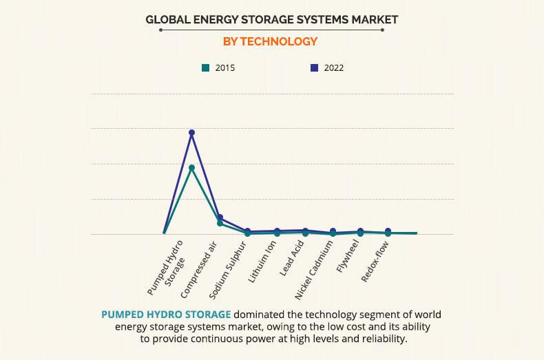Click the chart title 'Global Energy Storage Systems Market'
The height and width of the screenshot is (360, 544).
click(x=271, y=19)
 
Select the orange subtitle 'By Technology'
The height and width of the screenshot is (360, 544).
click(x=270, y=42)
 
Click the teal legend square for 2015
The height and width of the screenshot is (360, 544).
click(x=205, y=67)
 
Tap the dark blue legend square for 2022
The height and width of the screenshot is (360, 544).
click(x=314, y=67)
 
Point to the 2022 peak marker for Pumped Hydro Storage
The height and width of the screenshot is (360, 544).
click(x=192, y=132)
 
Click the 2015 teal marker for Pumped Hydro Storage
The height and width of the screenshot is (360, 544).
click(x=192, y=167)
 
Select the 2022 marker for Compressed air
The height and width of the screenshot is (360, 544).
click(x=220, y=218)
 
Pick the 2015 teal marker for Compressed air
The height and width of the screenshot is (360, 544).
click(x=220, y=224)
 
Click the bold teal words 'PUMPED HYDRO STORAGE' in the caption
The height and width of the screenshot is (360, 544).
click(x=165, y=314)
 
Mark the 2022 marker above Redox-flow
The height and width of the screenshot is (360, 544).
click(x=388, y=231)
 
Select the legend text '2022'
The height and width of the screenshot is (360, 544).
click(x=333, y=67)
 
